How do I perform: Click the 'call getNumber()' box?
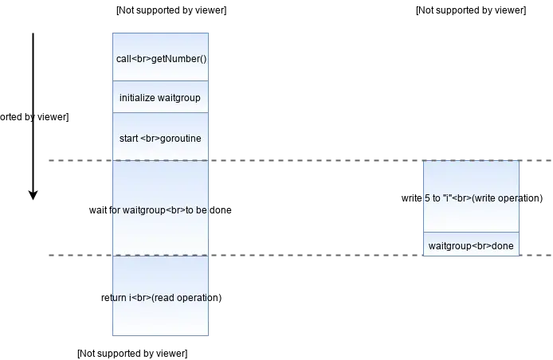pyautogui.click(x=160, y=57)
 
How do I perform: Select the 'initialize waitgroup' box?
pyautogui.click(x=160, y=97)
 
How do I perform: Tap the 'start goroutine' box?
pyautogui.click(x=160, y=137)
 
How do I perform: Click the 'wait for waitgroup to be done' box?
pyautogui.click(x=160, y=208)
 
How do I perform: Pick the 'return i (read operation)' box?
pyautogui.click(x=160, y=295)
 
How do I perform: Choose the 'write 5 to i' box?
pyautogui.click(x=471, y=197)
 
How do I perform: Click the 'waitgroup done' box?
pyautogui.click(x=471, y=244)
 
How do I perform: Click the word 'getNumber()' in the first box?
pyautogui.click(x=178, y=59)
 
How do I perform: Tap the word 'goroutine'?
pyautogui.click(x=181, y=139)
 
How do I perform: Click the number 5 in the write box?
pyautogui.click(x=427, y=198)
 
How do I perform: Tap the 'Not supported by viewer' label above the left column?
pyautogui.click(x=171, y=10)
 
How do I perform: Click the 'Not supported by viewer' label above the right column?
pyautogui.click(x=471, y=10)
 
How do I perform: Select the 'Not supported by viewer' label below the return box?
pyautogui.click(x=132, y=354)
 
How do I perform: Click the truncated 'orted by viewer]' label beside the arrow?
pyautogui.click(x=34, y=117)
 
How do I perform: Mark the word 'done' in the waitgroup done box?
pyautogui.click(x=503, y=246)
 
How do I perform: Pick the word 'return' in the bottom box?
pyautogui.click(x=115, y=298)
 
